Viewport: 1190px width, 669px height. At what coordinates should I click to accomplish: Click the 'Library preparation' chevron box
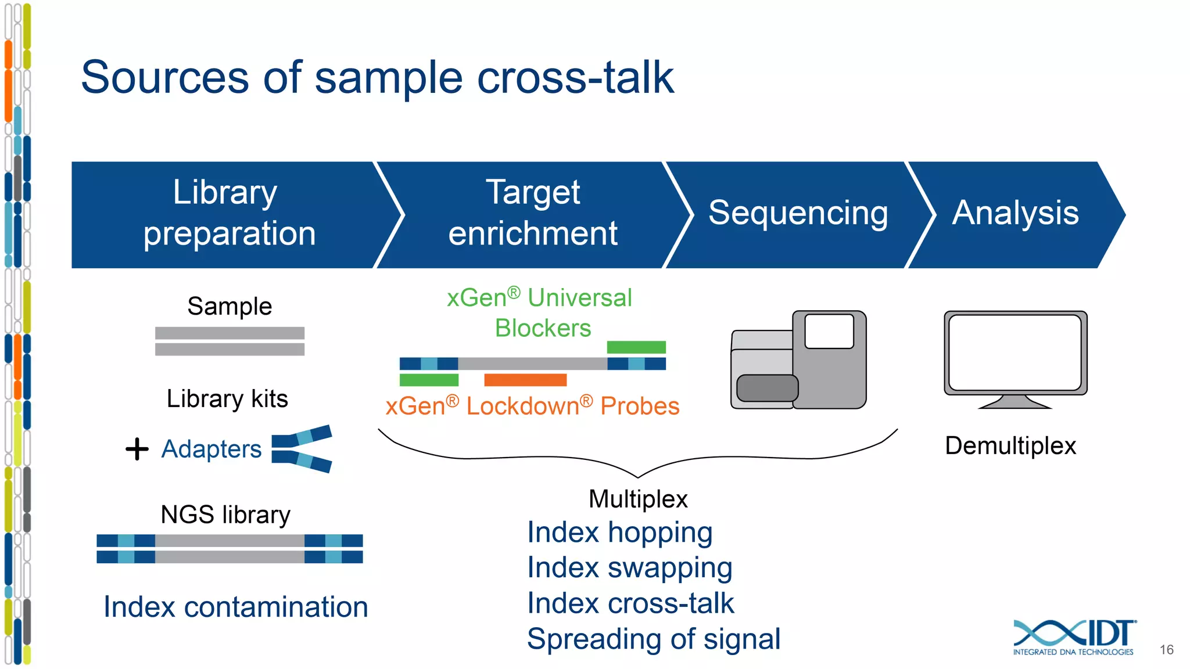point(229,214)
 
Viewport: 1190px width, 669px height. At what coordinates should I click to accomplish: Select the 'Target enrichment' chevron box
point(532,214)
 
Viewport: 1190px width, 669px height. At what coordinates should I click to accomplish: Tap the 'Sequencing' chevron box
point(798,214)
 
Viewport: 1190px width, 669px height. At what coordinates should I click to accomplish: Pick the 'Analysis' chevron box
point(1015,214)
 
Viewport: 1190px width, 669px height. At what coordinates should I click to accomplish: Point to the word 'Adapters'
point(212,449)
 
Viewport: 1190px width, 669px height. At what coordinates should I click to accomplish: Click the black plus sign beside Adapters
point(137,449)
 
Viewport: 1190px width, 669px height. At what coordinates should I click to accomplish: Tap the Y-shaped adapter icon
point(302,449)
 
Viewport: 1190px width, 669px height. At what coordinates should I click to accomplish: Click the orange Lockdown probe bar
point(525,380)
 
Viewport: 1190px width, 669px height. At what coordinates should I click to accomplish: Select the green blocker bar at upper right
point(636,347)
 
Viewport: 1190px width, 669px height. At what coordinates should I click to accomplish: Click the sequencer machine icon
point(798,360)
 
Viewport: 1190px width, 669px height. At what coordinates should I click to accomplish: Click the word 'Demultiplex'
point(1010,446)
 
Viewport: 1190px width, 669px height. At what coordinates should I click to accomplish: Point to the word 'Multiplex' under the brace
point(638,499)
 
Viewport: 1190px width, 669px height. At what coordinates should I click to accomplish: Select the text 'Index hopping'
point(619,533)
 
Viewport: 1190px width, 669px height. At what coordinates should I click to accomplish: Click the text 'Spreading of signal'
point(654,639)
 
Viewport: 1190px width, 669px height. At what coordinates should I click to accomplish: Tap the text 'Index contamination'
point(235,607)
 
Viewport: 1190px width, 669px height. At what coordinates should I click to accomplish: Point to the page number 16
point(1166,650)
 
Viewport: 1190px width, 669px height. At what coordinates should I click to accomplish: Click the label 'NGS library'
point(225,515)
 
